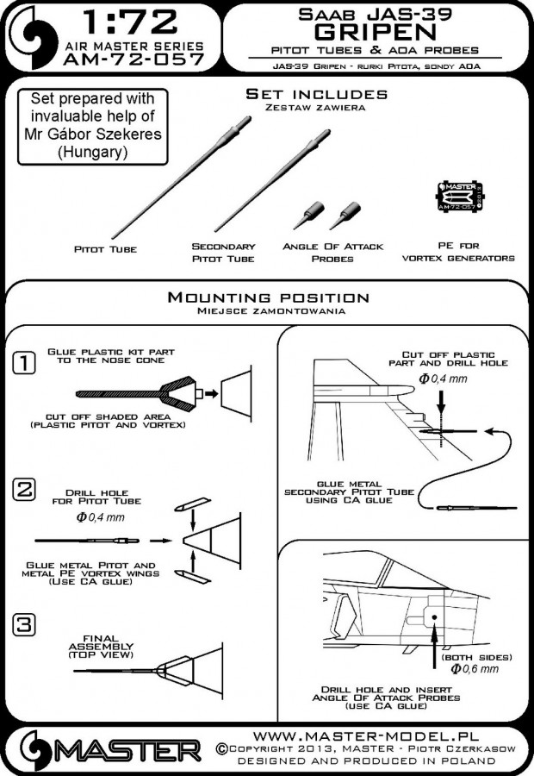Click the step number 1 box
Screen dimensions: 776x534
[24, 366]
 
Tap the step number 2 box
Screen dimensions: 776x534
[24, 491]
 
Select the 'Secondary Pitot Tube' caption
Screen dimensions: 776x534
[224, 252]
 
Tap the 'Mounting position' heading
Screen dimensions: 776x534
[268, 297]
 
